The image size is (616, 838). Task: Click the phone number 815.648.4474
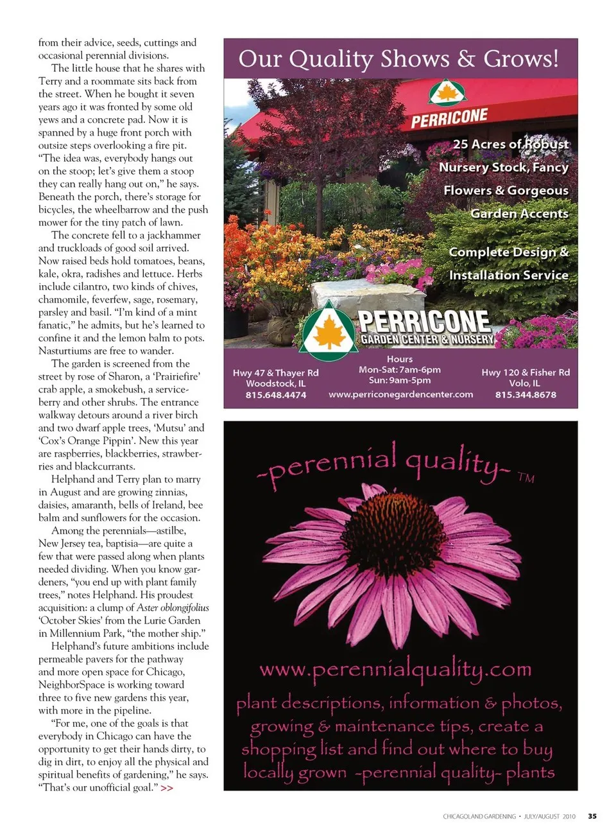(x=275, y=395)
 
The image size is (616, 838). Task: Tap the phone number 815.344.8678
(x=526, y=395)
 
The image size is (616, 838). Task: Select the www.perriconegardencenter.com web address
(x=400, y=394)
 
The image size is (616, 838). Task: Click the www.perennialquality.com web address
(x=395, y=670)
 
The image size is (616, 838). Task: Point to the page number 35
(x=592, y=816)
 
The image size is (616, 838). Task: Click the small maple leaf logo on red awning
(x=447, y=93)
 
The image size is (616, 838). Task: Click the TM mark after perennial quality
(x=526, y=478)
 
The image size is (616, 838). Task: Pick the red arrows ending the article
(x=167, y=788)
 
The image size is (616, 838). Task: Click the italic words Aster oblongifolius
(x=172, y=607)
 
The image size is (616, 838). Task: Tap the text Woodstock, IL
(x=275, y=383)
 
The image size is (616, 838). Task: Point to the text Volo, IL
(x=525, y=383)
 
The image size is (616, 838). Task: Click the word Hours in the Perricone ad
(x=400, y=359)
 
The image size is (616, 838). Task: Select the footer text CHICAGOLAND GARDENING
(x=479, y=817)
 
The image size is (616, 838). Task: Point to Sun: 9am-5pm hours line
(x=400, y=380)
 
